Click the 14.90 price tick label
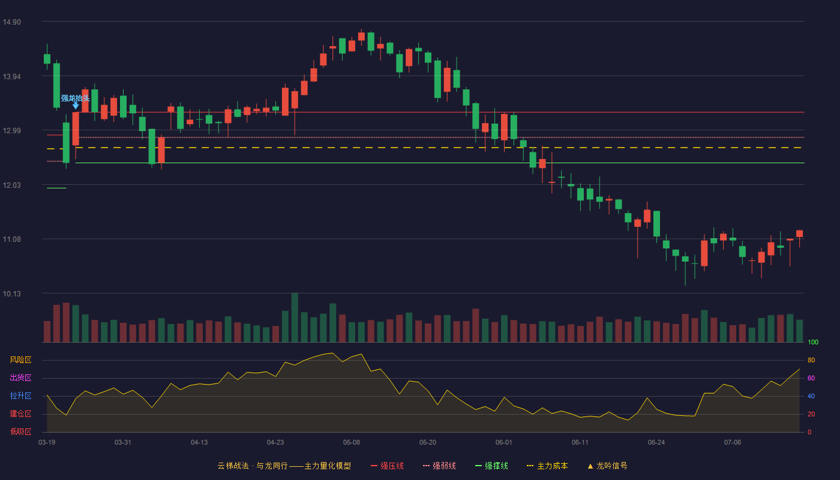tap(11, 22)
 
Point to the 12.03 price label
tap(11, 185)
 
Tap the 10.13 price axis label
tap(11, 294)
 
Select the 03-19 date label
tap(47, 443)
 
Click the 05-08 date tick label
tap(352, 443)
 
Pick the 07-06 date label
tap(733, 443)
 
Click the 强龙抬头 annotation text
tap(76, 98)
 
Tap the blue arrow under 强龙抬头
tap(76, 106)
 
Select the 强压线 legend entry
tap(388, 466)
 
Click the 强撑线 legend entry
tap(491, 466)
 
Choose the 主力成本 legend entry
tap(547, 466)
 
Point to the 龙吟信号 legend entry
tap(607, 466)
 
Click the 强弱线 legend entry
tap(439, 466)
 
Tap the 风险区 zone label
tap(20, 360)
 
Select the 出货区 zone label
tap(20, 377)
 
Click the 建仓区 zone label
tap(20, 413)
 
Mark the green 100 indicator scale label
tap(813, 342)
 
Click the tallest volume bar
tap(295, 317)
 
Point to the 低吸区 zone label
tap(20, 431)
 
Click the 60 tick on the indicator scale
tap(811, 378)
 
